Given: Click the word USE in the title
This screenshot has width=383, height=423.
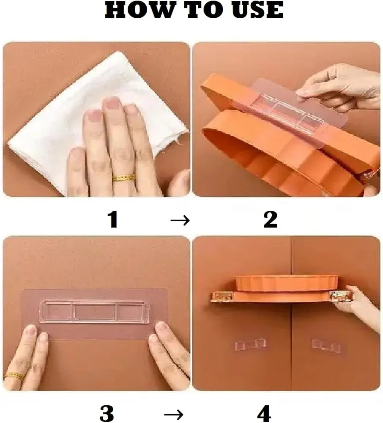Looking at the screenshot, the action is [254, 10].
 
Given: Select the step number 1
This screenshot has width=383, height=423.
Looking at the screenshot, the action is [113, 220].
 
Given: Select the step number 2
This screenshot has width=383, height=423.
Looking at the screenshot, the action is [270, 220].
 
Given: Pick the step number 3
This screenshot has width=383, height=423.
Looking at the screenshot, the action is [107, 413].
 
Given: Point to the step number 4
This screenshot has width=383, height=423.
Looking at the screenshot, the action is [264, 413].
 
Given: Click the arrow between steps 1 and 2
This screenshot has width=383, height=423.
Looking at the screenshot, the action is [180, 221].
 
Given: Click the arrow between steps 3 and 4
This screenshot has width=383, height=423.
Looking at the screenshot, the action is [174, 414].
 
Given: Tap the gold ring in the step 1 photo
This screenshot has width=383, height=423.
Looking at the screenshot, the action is [124, 178].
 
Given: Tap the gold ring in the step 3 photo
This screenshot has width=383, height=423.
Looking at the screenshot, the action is [14, 376].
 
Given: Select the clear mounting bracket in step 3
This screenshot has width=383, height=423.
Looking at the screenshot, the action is [94, 311].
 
